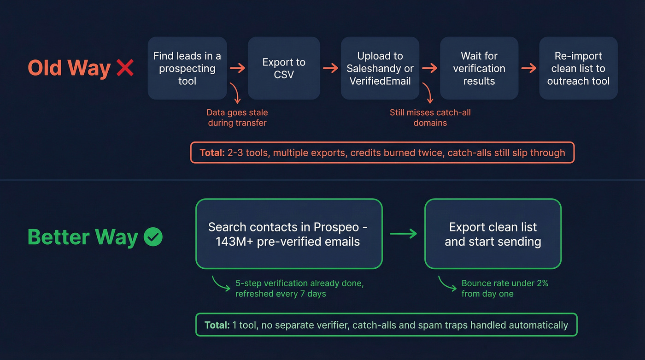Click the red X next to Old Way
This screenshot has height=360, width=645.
tap(125, 68)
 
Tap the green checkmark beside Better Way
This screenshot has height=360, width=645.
tap(153, 237)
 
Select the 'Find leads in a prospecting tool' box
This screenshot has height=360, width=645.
tap(187, 68)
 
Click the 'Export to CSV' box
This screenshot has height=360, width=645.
tap(284, 68)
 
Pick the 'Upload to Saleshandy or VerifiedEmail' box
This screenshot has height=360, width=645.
tap(380, 68)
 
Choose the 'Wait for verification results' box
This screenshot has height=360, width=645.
tap(479, 68)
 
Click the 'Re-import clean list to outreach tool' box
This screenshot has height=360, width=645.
tap(578, 68)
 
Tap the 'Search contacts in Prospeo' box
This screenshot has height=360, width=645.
tap(289, 234)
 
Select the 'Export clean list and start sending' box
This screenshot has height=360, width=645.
tap(493, 234)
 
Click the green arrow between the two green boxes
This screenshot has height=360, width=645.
tap(403, 234)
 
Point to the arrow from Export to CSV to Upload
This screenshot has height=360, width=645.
tap(330, 68)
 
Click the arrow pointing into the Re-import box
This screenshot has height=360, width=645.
tap(529, 68)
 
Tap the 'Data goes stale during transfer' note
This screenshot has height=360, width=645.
tap(237, 118)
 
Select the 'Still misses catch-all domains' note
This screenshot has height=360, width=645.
tap(430, 118)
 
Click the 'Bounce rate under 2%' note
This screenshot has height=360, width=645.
tap(504, 289)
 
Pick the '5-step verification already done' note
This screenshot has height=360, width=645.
tap(299, 289)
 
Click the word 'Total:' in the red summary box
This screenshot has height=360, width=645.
tap(212, 153)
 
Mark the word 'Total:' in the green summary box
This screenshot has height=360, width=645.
tap(217, 325)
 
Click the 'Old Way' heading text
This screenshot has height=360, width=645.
tap(69, 68)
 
